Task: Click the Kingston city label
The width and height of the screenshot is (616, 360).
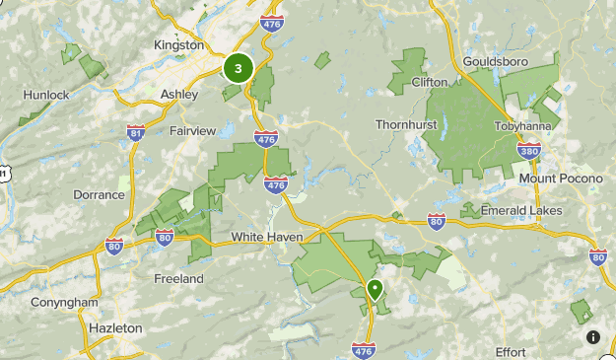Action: pyautogui.click(x=179, y=45)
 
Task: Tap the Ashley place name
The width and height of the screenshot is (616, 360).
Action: pyautogui.click(x=179, y=95)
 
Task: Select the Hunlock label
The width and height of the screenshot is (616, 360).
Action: pyautogui.click(x=46, y=95)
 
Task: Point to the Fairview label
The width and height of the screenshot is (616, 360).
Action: pyautogui.click(x=191, y=130)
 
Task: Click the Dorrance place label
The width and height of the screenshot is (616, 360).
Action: pyautogui.click(x=99, y=194)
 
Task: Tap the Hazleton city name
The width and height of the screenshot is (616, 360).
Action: pyautogui.click(x=114, y=327)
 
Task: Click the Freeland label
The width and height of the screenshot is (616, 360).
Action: pyautogui.click(x=178, y=279)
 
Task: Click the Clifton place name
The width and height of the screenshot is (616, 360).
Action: pyautogui.click(x=430, y=82)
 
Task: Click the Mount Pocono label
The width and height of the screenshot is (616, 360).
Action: pyautogui.click(x=559, y=179)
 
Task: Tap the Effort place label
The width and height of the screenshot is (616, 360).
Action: pyautogui.click(x=512, y=351)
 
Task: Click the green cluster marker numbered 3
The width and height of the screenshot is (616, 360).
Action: pyautogui.click(x=238, y=69)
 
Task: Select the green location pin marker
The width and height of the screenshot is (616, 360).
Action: pyautogui.click(x=375, y=290)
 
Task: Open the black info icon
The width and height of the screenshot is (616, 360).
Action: pyautogui.click(x=593, y=337)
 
